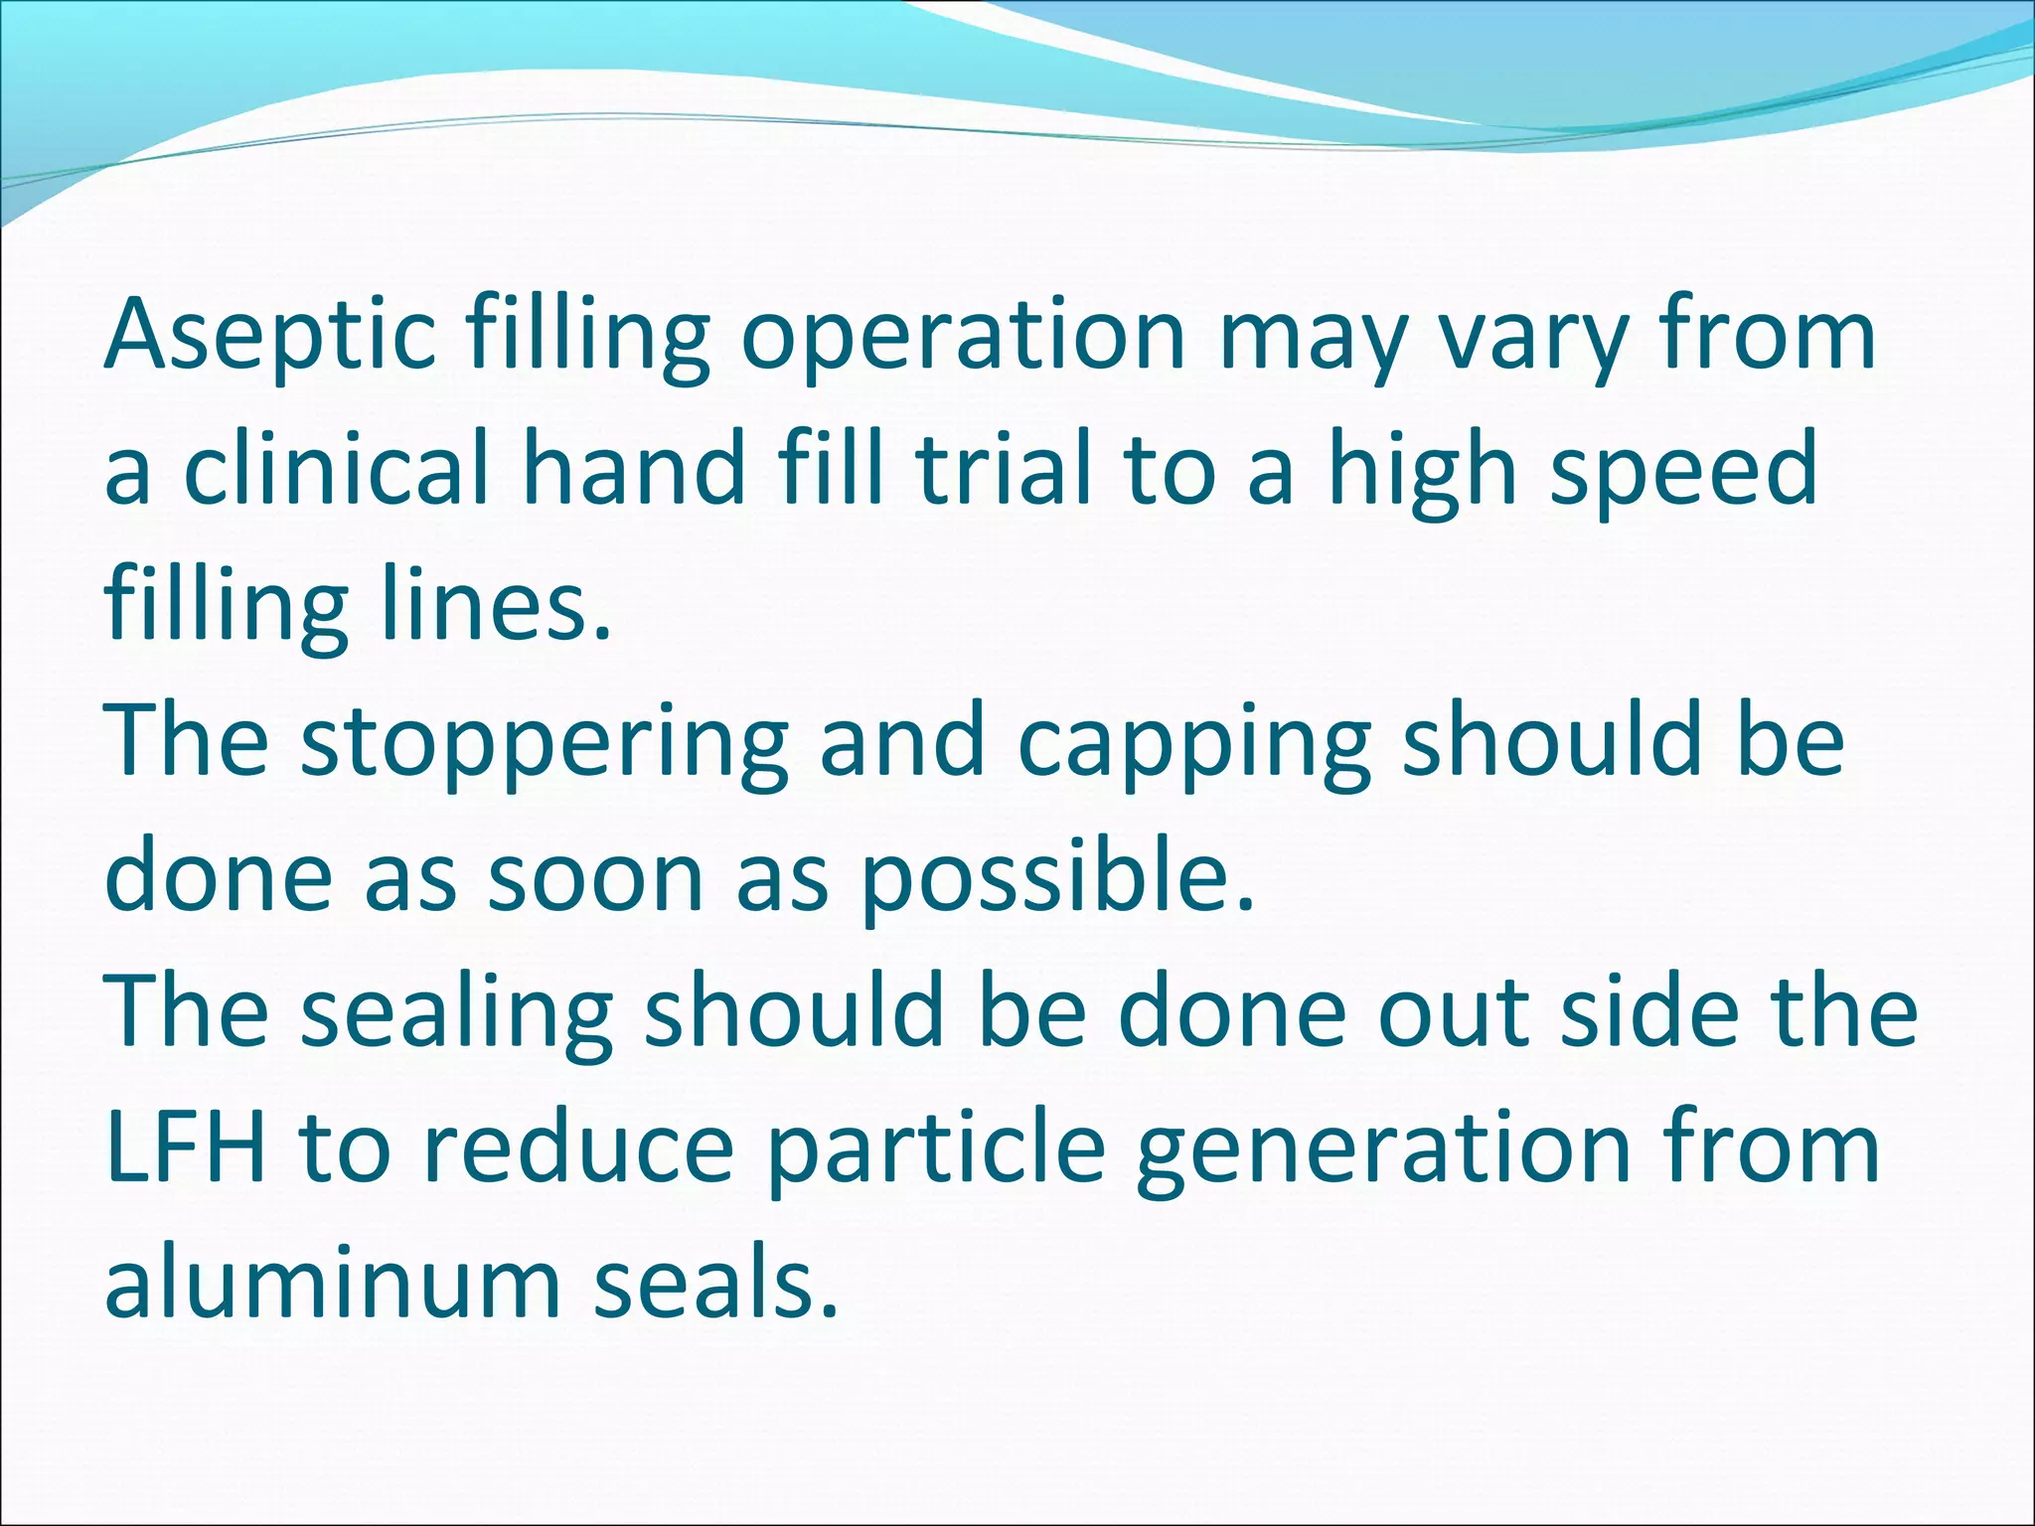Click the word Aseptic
click(269, 334)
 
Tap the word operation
click(963, 334)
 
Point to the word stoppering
click(545, 741)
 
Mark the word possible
click(1057, 876)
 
